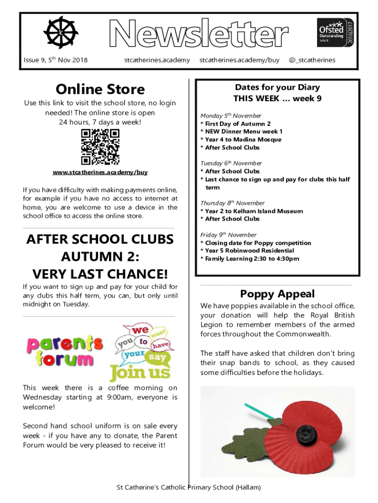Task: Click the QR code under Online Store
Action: (x=100, y=147)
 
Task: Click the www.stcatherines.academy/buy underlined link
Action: (x=100, y=172)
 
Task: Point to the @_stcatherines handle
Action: (x=312, y=60)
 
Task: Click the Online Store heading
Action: (x=100, y=89)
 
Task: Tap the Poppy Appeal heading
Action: (x=277, y=294)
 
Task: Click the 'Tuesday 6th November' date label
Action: (x=231, y=163)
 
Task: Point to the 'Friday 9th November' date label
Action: (x=228, y=235)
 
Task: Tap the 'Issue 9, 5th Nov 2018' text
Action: (x=55, y=60)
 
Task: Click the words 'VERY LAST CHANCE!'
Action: (x=100, y=274)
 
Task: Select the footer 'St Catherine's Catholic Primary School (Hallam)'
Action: (x=189, y=487)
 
